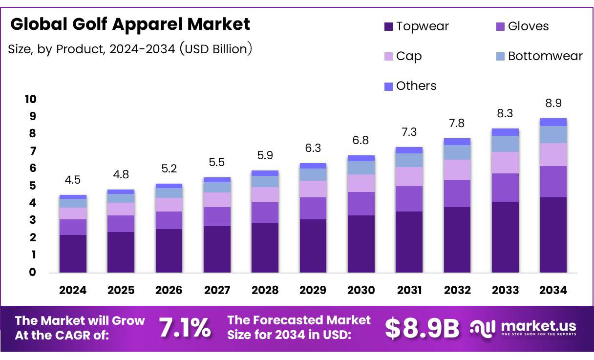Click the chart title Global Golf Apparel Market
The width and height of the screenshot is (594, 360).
coord(130,24)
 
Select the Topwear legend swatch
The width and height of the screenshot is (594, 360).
coord(389,26)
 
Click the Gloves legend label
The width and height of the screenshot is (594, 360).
coord(528,26)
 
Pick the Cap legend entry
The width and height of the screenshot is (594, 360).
coord(408,56)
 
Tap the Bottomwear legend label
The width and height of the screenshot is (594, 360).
coord(545,56)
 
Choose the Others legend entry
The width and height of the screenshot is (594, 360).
coord(416,86)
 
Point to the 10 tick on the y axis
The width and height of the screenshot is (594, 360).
coord(30,99)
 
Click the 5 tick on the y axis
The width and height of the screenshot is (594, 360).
coord(32,186)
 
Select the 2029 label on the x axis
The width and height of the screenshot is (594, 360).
coord(313,290)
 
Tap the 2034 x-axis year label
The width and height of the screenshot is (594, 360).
coord(553,290)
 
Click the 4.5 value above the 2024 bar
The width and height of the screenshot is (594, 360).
coord(73,179)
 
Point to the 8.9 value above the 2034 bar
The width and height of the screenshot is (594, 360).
coord(553,103)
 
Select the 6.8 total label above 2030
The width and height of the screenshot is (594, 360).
coord(361,140)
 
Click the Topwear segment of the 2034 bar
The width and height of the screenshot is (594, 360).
coord(553,234)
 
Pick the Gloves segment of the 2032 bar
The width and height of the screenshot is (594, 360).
coord(457,193)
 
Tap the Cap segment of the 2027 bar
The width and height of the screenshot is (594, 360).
coord(217,200)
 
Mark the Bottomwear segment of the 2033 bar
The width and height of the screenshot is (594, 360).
coord(505,144)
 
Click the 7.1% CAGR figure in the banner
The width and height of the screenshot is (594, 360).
coord(185,328)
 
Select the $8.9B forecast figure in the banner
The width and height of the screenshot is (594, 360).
coord(422,328)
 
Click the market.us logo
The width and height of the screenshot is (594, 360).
coord(523,328)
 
